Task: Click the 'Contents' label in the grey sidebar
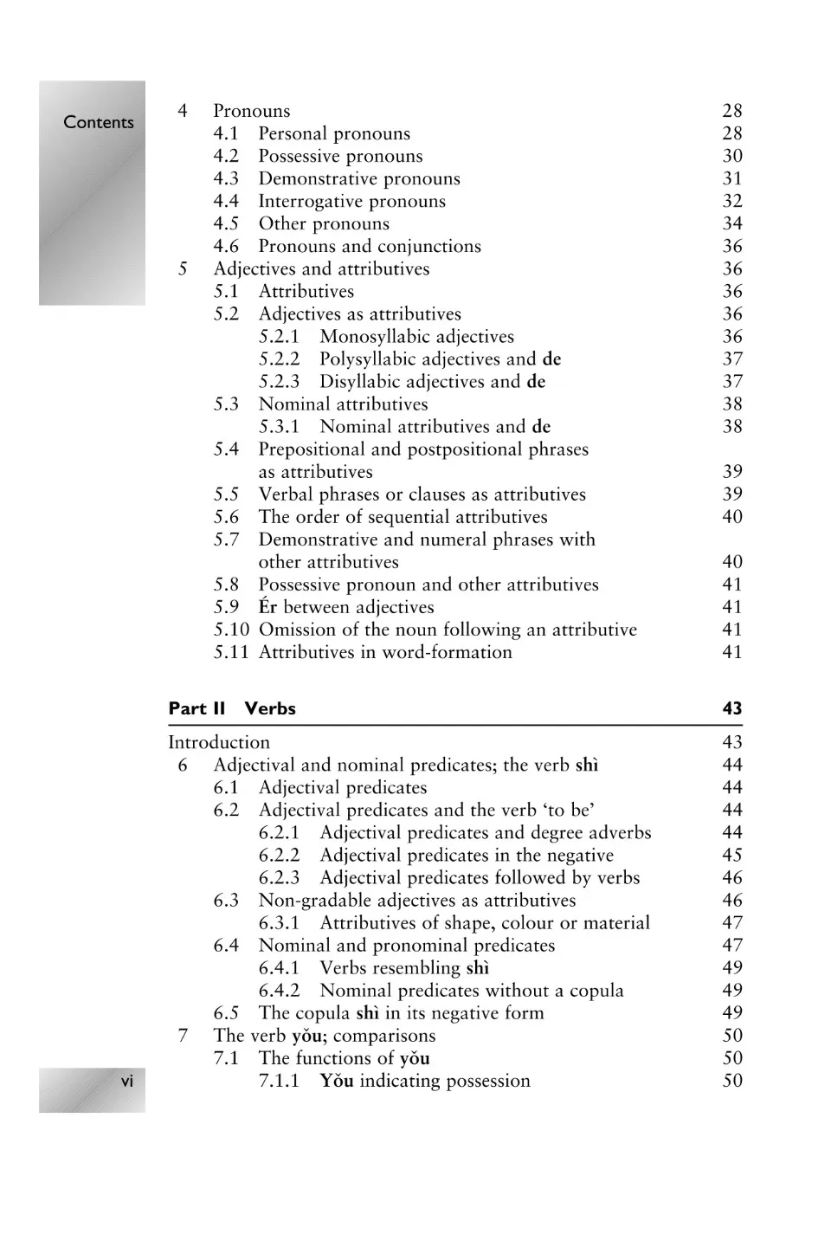coord(99,122)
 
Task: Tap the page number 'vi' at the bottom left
coord(127,1081)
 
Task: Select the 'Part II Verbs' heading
coord(232,708)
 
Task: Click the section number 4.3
coord(226,178)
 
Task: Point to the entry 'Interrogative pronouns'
coord(351,201)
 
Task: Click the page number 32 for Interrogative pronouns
coord(732,201)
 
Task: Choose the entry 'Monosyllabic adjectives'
coord(416,336)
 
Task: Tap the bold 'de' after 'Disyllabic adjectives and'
coord(536,381)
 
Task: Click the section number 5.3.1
coord(279,426)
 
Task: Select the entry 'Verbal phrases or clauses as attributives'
coord(422,494)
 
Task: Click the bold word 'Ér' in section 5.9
coord(267,606)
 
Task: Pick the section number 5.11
coord(231,652)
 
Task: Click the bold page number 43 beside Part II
coord(732,708)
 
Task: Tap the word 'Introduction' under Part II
coord(219,742)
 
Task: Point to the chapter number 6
coord(183,765)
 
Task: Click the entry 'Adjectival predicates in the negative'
coord(467,855)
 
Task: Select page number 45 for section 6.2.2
coord(732,855)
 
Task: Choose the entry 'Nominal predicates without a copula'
coord(471,990)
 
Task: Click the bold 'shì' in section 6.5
coord(367,1012)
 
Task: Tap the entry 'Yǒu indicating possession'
coord(424,1080)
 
